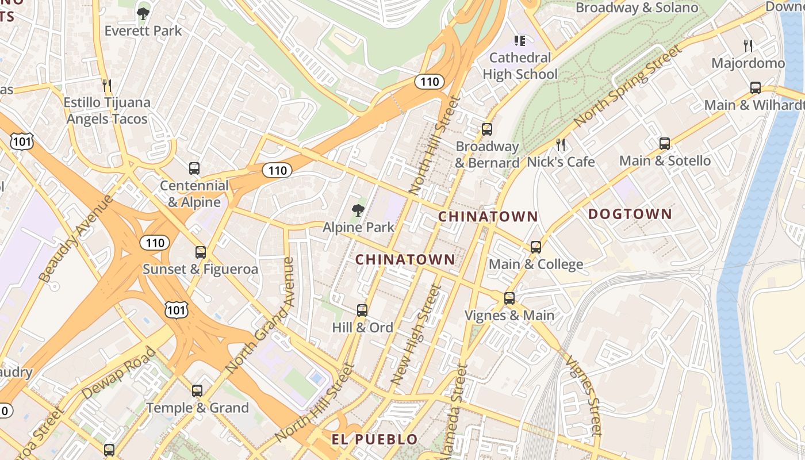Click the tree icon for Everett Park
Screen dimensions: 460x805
[143, 13]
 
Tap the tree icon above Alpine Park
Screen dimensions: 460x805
[358, 210]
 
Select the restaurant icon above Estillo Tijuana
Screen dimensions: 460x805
[106, 86]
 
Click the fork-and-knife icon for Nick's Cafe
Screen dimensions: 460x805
[561, 144]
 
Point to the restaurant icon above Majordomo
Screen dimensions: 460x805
[747, 45]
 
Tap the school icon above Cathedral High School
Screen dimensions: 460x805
[520, 41]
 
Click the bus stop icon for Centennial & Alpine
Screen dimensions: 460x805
[194, 168]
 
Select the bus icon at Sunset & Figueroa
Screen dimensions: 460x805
[200, 252]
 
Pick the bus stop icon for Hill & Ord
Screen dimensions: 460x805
[362, 310]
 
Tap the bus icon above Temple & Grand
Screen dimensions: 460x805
[197, 391]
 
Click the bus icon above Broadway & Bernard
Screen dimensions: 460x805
[487, 129]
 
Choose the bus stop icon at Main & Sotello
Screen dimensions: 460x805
[665, 144]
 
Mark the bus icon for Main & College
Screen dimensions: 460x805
[536, 247]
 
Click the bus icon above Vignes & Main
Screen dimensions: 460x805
[509, 298]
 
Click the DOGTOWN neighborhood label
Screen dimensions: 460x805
[630, 214]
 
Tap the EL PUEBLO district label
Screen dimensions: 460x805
[374, 440]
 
